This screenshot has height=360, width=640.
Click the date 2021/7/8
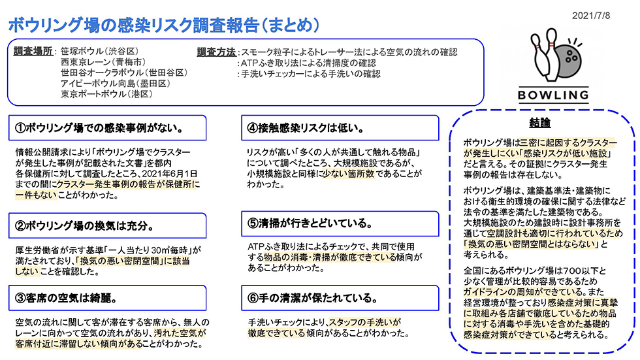click(590, 16)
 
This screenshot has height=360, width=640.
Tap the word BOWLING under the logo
click(553, 95)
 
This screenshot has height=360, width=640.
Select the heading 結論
click(539, 122)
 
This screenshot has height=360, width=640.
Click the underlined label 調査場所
click(33, 52)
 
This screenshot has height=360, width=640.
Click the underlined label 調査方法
click(216, 52)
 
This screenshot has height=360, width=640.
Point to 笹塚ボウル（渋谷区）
click(100, 52)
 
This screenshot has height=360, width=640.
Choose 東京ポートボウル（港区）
click(107, 94)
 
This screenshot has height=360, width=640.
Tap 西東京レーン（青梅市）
click(103, 62)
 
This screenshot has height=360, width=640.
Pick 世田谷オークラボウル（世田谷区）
click(124, 73)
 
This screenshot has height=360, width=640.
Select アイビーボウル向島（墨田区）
click(116, 84)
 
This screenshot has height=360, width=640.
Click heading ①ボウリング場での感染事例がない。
click(99, 128)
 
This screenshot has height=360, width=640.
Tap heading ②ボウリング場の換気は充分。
click(84, 225)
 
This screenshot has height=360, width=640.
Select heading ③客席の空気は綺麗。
click(66, 298)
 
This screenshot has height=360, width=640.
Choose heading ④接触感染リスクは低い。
click(306, 128)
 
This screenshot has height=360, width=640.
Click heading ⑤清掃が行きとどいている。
click(310, 223)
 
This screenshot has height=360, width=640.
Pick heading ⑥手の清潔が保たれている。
click(313, 298)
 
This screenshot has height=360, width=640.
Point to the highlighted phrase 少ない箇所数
click(349, 174)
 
